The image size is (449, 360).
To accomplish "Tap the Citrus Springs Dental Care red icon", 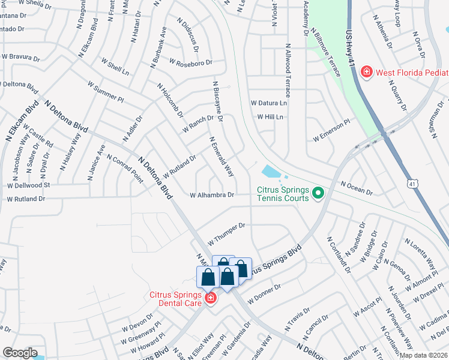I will coord(210,298).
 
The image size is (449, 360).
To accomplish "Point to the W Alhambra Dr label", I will coord(212,195).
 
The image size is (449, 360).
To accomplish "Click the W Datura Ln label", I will coord(269,103).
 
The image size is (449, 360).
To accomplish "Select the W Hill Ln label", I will coord(270,117).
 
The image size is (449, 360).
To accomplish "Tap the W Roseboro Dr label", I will coord(191,62).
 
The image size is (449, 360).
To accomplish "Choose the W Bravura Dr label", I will coord(20,58).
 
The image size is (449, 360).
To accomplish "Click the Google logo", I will coord(20,353).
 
